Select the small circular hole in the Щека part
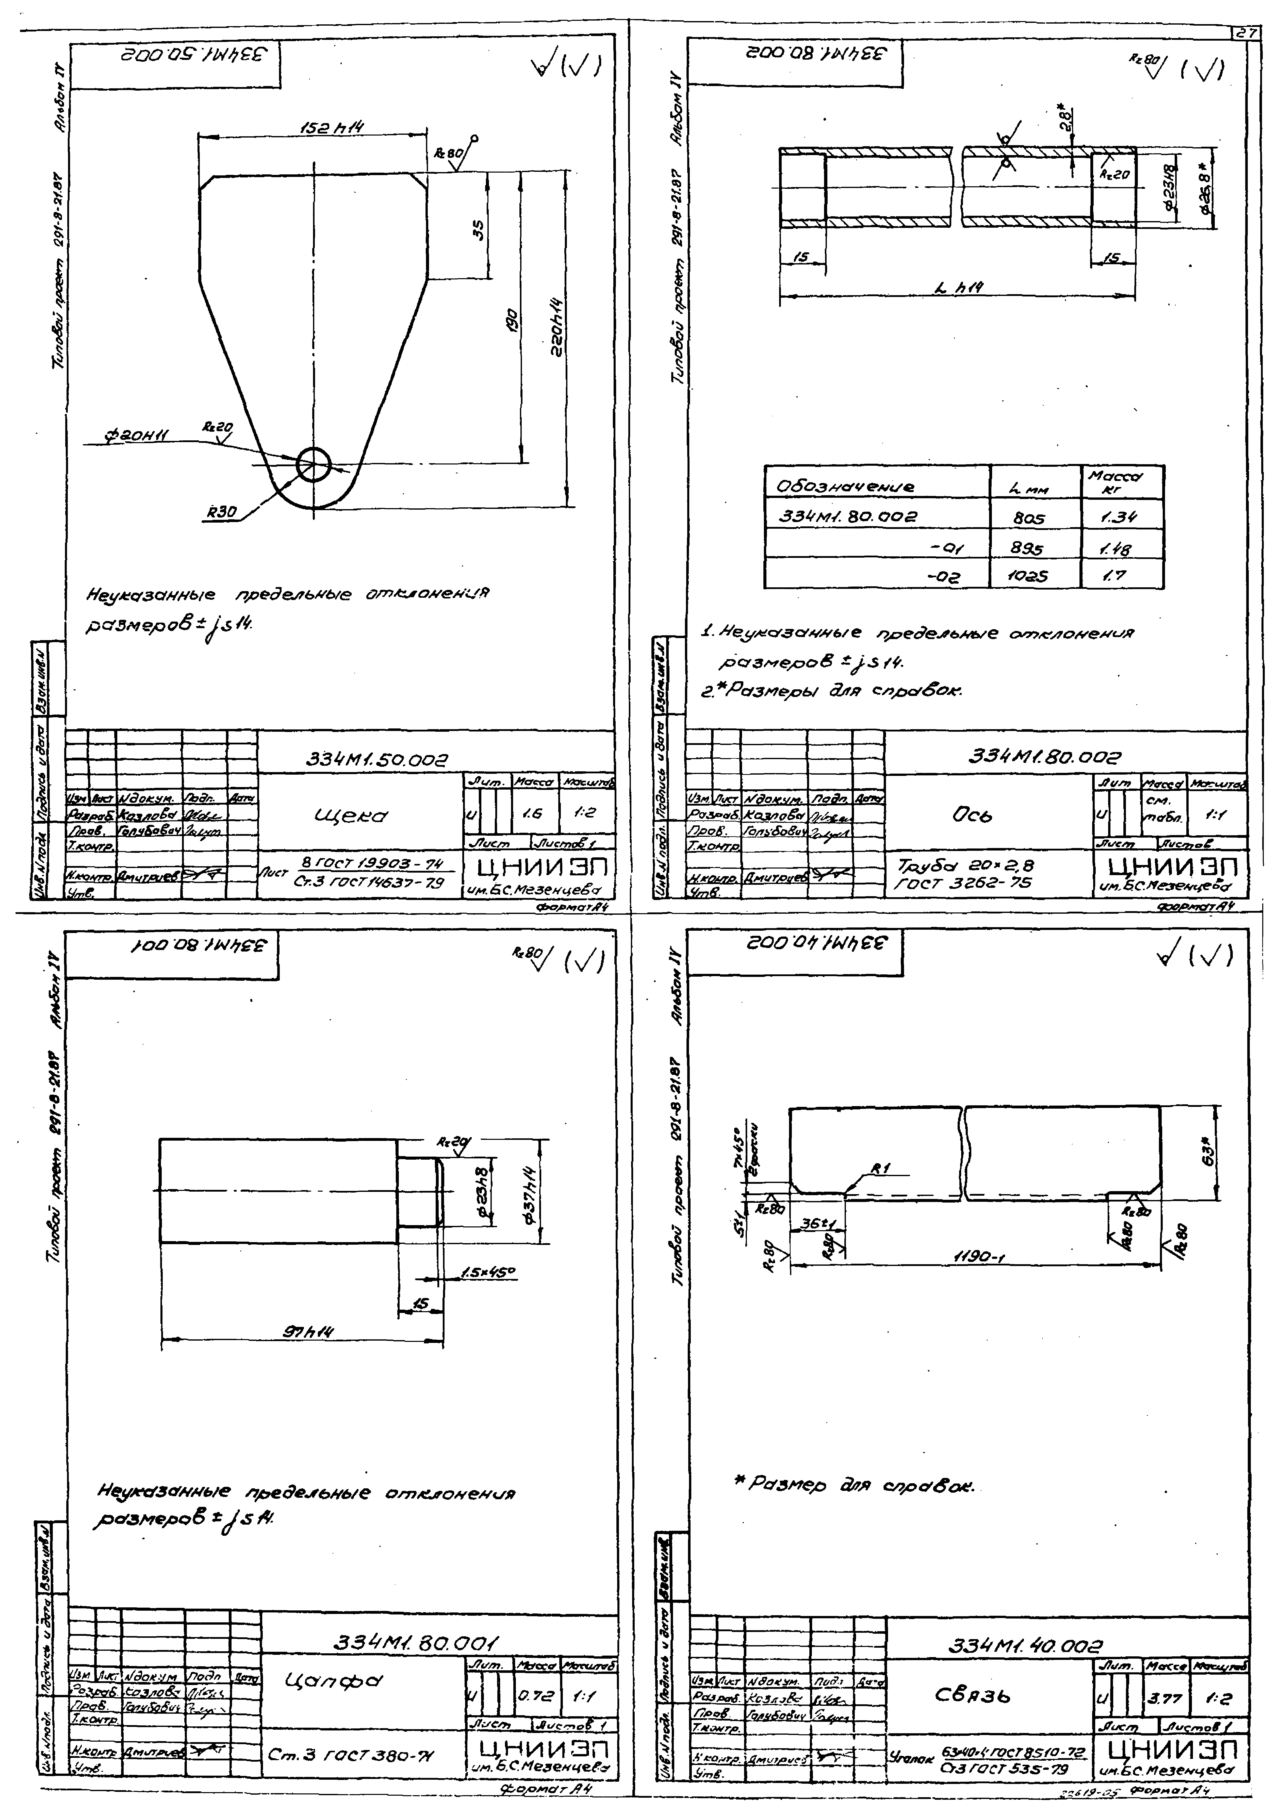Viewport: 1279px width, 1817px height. [x=314, y=464]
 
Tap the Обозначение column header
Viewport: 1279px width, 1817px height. [x=847, y=488]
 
